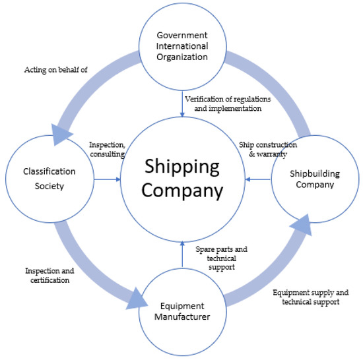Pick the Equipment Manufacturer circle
(x=181, y=311)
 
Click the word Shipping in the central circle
(x=181, y=167)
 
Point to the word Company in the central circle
(x=181, y=191)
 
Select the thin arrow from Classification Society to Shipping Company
(x=106, y=178)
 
